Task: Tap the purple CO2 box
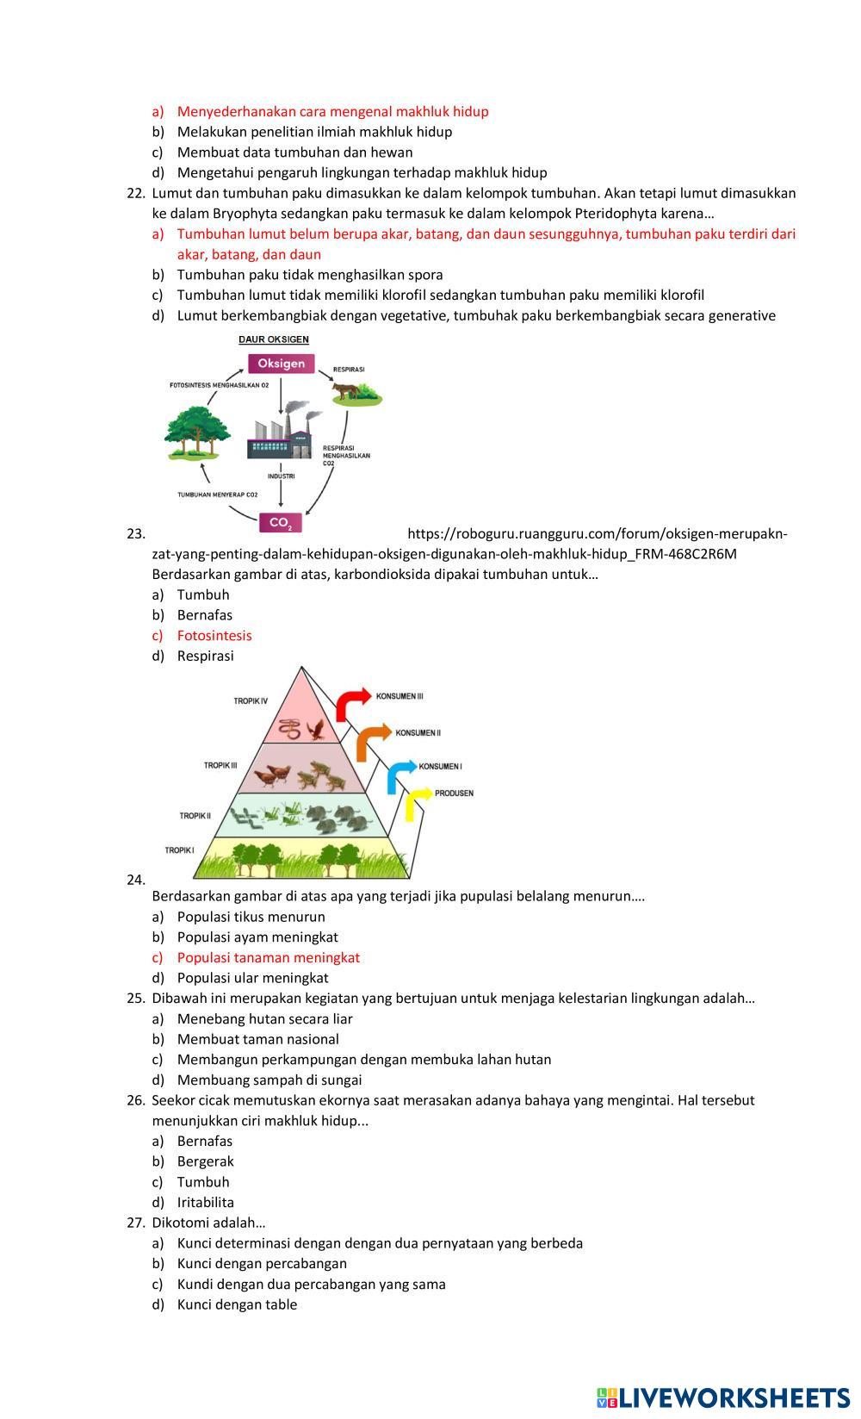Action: click(x=281, y=522)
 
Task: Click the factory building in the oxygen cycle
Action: click(x=281, y=433)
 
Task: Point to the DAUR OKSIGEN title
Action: click(x=274, y=339)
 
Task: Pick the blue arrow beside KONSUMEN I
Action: click(x=400, y=775)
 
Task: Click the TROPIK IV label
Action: click(x=251, y=701)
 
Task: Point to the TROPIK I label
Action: click(x=180, y=850)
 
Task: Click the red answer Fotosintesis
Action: click(x=214, y=636)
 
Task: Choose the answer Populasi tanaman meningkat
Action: click(x=268, y=957)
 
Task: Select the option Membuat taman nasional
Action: click(x=257, y=1039)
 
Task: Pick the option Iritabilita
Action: click(x=205, y=1202)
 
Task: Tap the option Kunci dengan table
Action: click(x=237, y=1304)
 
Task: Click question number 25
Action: click(x=135, y=999)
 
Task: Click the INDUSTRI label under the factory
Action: click(x=281, y=476)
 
